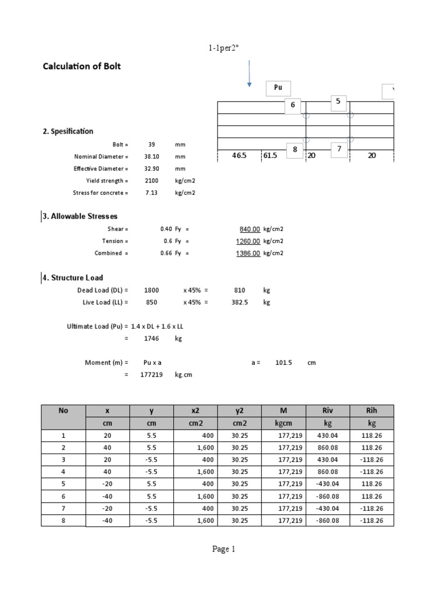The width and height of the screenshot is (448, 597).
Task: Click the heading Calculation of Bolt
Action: pyautogui.click(x=82, y=66)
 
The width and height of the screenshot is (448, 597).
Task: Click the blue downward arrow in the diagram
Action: pyautogui.click(x=249, y=73)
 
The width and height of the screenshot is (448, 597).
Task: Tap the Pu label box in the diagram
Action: pyautogui.click(x=278, y=88)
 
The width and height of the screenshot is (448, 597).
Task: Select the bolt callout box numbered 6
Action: pyautogui.click(x=293, y=105)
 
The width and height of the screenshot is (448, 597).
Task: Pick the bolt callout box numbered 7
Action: pyautogui.click(x=338, y=149)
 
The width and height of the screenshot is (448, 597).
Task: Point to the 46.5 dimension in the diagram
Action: pyautogui.click(x=239, y=156)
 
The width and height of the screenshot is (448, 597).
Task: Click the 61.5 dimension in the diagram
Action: pyautogui.click(x=271, y=156)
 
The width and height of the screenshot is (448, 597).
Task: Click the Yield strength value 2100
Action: pyautogui.click(x=152, y=181)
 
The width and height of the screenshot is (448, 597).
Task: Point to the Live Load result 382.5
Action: pyautogui.click(x=240, y=303)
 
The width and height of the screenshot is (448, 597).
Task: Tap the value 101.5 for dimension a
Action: pyautogui.click(x=283, y=363)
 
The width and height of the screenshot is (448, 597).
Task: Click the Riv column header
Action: pyautogui.click(x=327, y=410)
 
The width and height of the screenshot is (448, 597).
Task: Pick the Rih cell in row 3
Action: pyautogui.click(x=372, y=459)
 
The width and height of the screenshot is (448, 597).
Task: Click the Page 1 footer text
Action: pyautogui.click(x=224, y=549)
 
